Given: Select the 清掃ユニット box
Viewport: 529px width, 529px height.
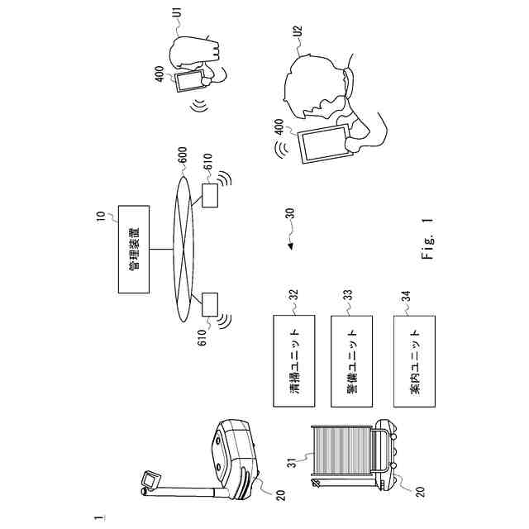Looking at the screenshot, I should coord(294,360).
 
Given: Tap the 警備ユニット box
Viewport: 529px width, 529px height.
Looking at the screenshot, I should coord(351,360).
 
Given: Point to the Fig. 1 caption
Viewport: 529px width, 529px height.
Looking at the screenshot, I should coord(427,239).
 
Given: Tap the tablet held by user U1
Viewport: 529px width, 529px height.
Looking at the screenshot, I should coord(190,81).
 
